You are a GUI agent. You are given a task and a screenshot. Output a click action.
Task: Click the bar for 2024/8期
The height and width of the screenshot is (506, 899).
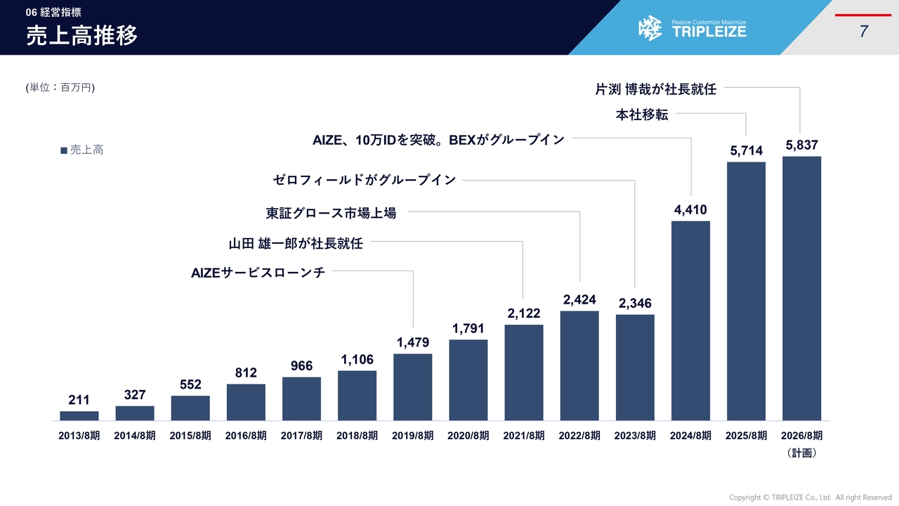pyautogui.click(x=690, y=320)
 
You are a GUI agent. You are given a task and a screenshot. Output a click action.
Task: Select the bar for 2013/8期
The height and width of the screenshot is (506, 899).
pyautogui.click(x=79, y=415)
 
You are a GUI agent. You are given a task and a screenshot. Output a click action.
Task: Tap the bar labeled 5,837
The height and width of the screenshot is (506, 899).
pyautogui.click(x=801, y=288)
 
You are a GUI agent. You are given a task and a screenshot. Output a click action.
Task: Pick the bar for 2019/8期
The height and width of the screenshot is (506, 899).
pyautogui.click(x=413, y=387)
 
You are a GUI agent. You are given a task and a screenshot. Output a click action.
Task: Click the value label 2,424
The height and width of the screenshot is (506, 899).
pyautogui.click(x=579, y=300)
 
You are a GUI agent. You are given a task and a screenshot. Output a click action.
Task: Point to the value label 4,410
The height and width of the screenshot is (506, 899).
pyautogui.click(x=690, y=210)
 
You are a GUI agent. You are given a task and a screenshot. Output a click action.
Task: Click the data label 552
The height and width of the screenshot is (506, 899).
pyautogui.click(x=190, y=384)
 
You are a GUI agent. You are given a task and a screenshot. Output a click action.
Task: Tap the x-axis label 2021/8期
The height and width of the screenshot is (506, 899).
pyautogui.click(x=524, y=436)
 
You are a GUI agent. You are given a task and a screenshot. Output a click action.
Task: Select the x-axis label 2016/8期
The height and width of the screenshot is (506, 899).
pyautogui.click(x=246, y=436)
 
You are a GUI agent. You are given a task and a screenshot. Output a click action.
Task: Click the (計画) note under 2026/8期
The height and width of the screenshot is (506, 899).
pyautogui.click(x=801, y=453)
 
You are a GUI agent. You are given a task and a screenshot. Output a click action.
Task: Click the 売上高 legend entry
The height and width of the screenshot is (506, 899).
pyautogui.click(x=82, y=150)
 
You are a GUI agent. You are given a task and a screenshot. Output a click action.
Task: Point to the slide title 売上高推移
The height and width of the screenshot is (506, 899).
pyautogui.click(x=82, y=36)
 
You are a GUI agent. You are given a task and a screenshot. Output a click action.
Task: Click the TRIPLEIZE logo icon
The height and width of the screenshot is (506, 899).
pyautogui.click(x=650, y=28)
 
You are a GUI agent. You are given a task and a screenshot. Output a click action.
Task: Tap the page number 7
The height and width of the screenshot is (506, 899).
pyautogui.click(x=863, y=32)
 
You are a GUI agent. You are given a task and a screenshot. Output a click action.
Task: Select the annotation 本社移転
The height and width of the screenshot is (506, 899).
pyautogui.click(x=642, y=115)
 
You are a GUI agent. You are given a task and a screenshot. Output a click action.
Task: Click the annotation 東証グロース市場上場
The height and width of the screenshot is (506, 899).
pyautogui.click(x=331, y=213)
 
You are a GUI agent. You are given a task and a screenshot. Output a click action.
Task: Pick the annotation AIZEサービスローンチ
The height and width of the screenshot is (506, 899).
pyautogui.click(x=258, y=273)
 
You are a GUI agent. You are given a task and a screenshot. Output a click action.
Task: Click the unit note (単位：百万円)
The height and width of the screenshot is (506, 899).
pyautogui.click(x=60, y=87)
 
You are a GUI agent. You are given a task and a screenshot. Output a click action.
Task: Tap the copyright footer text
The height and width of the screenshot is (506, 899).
pyautogui.click(x=810, y=498)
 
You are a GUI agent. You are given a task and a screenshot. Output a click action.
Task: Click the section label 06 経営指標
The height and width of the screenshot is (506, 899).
pyautogui.click(x=53, y=12)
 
